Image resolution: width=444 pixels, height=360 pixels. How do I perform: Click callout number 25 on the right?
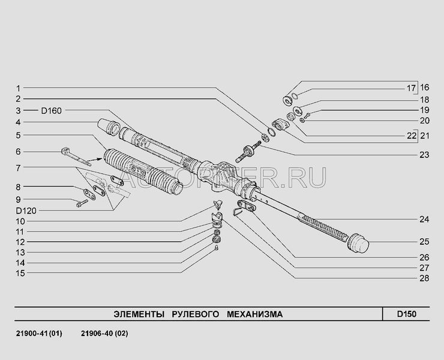pyautogui.click(x=424, y=242)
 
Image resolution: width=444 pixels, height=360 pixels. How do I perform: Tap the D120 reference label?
pyautogui.click(x=26, y=211)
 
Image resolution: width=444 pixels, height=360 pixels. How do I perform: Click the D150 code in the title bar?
pyautogui.click(x=406, y=314)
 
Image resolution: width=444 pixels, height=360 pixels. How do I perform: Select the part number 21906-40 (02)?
pyautogui.click(x=104, y=333)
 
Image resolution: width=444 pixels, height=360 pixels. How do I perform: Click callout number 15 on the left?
pyautogui.click(x=19, y=273)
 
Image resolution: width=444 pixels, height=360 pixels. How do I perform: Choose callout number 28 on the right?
pyautogui.click(x=424, y=278)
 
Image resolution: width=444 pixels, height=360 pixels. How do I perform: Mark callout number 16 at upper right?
pyautogui.click(x=424, y=86)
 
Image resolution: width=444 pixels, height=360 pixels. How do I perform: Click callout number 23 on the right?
pyautogui.click(x=424, y=155)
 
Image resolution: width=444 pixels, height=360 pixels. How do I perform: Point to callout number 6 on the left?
pyautogui.click(x=19, y=151)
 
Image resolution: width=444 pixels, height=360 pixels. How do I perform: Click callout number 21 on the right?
pyautogui.click(x=424, y=136)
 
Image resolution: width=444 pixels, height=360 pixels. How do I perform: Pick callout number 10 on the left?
pyautogui.click(x=19, y=221)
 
